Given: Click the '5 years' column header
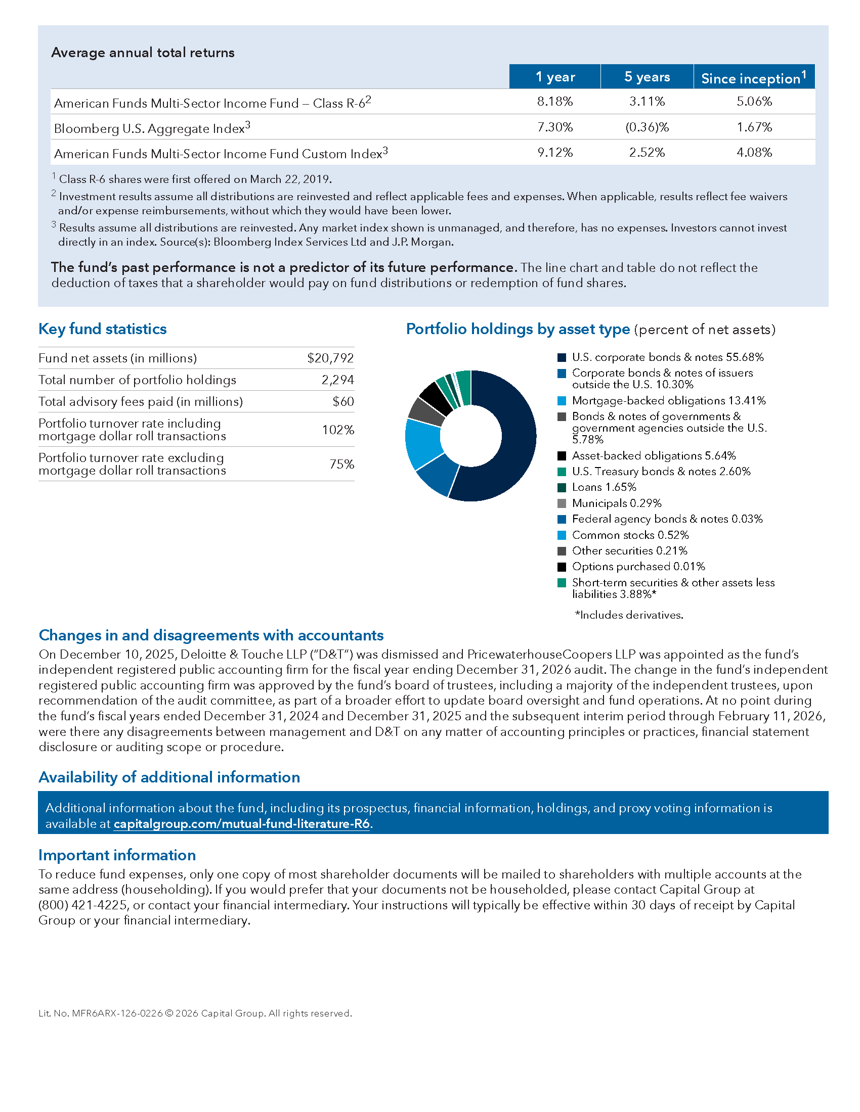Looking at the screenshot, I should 647,77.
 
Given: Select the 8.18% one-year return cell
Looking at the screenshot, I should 555,101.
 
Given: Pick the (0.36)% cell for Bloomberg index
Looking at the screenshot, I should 647,127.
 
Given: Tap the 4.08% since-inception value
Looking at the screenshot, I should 754,152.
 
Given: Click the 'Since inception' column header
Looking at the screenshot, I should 754,78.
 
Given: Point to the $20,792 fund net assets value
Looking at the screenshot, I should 330,358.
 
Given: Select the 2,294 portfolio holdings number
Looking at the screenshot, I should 337,380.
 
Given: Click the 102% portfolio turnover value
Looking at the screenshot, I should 338,430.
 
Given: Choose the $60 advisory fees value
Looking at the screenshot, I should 343,402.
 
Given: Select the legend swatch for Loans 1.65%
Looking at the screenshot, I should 562,488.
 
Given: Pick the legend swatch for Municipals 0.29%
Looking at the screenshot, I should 562,503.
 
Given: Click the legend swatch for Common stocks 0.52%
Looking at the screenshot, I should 562,535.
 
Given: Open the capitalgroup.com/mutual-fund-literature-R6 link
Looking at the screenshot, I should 241,824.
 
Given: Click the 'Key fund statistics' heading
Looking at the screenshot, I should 102,329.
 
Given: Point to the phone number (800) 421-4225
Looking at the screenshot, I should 82,905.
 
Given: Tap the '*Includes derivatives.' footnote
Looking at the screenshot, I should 629,615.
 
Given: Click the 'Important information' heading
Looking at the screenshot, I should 117,855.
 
